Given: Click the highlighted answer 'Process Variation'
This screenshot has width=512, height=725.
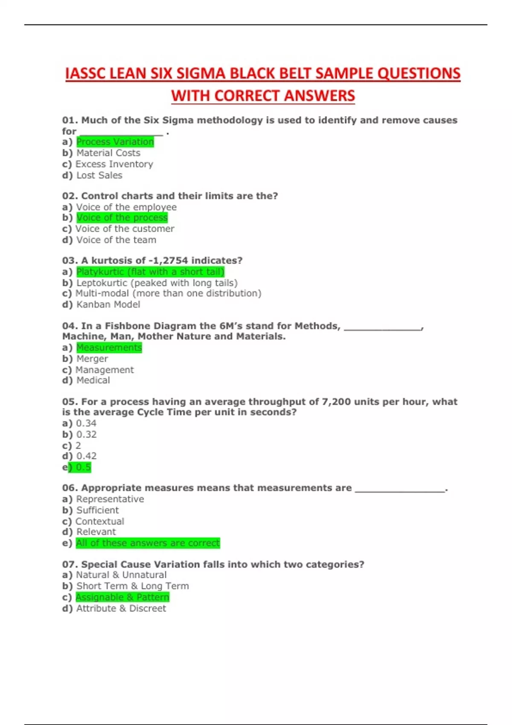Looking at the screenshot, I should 115,142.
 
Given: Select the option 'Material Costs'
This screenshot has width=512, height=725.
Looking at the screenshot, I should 108,153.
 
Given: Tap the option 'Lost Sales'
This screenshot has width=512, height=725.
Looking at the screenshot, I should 99,175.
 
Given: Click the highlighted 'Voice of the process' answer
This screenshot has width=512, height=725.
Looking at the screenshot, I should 122,217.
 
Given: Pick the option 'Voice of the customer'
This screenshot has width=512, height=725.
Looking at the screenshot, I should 125,229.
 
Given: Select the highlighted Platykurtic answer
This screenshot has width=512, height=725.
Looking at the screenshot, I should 150,272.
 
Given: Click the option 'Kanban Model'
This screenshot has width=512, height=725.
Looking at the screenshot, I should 108,304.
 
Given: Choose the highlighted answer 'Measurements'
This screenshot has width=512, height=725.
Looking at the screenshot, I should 109,348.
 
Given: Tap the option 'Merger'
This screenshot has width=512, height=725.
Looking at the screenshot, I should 92,359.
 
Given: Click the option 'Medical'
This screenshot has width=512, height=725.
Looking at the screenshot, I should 93,380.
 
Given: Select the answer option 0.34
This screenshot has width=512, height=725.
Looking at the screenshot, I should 86,423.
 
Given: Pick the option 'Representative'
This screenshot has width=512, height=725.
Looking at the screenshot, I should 110,499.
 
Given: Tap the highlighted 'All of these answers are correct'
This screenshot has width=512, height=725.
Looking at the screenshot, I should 148,543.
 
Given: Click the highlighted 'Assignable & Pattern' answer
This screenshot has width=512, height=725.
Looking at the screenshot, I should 122,597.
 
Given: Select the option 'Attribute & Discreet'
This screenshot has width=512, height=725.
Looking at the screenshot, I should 121,609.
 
